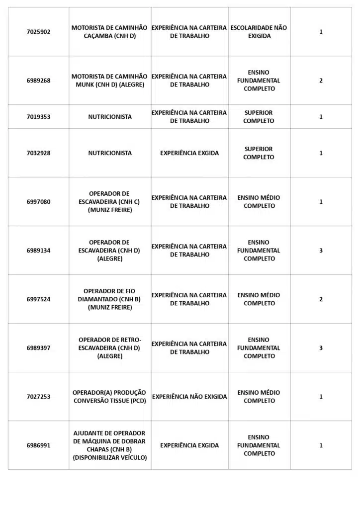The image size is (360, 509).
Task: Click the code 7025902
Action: point(38,32)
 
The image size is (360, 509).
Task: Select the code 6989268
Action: point(38,81)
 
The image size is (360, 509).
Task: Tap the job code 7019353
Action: point(38,117)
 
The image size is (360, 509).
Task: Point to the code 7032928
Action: point(38,153)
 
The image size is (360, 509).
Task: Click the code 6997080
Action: point(38,202)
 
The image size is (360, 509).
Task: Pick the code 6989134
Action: point(38,251)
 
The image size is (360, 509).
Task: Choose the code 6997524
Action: point(38,299)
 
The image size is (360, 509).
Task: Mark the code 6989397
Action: point(38,348)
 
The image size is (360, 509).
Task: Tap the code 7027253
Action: point(38,397)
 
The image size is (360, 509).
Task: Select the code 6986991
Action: point(38,445)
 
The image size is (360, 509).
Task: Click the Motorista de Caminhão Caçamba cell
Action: point(109,32)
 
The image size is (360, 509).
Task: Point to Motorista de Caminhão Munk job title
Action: point(109,81)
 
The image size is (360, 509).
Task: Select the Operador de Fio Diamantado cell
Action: point(109,299)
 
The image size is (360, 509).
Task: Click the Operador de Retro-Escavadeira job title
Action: point(109,348)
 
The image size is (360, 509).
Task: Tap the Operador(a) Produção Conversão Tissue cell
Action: point(109,397)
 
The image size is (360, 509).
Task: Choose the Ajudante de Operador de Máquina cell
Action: point(109,445)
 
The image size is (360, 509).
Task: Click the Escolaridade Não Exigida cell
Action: point(259,32)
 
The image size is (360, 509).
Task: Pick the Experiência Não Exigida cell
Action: point(189,397)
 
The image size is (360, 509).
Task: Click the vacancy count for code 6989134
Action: point(321,251)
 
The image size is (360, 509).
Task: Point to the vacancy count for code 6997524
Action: point(321,299)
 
